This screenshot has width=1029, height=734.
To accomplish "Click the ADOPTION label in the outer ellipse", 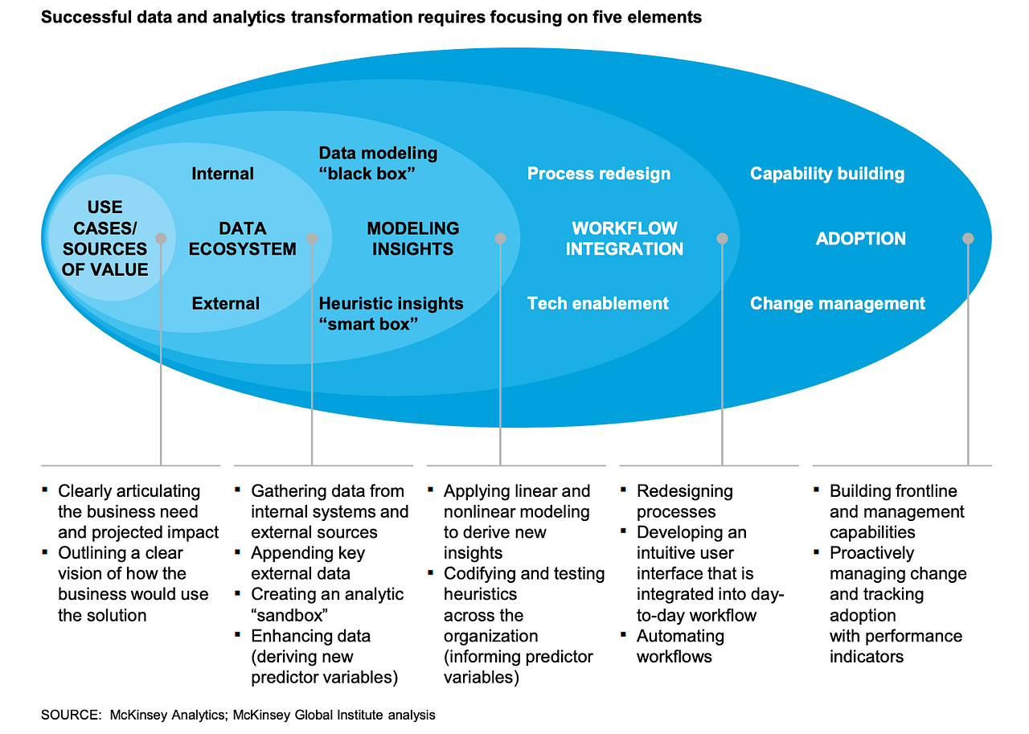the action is [860, 239].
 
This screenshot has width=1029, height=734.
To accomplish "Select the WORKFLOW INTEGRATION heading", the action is [625, 239].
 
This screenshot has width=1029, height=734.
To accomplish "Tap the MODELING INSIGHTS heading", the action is [412, 239].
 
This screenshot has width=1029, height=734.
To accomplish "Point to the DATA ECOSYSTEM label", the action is [242, 239].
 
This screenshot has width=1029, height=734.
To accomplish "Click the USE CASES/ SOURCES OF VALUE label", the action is [105, 238].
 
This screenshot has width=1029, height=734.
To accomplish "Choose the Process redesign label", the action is [599, 174].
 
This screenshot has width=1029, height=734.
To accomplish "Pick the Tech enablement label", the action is [597, 303].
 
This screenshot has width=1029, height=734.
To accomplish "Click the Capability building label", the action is [827, 174].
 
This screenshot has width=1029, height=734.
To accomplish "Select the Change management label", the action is [838, 304].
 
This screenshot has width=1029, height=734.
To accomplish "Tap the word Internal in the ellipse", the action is [223, 174].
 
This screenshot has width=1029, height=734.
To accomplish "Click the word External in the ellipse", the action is [226, 303].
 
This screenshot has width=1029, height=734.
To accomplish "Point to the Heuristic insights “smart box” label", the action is [391, 314].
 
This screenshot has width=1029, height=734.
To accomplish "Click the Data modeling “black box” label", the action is [378, 163].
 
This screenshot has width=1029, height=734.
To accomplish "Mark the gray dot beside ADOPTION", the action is [968, 239].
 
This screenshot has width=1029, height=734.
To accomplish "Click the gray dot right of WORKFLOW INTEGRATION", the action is [722, 239].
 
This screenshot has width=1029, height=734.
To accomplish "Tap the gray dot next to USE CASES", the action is [161, 239].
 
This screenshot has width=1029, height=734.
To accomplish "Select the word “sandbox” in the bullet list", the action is [289, 615].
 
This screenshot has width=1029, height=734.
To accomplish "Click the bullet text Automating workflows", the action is [680, 646].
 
